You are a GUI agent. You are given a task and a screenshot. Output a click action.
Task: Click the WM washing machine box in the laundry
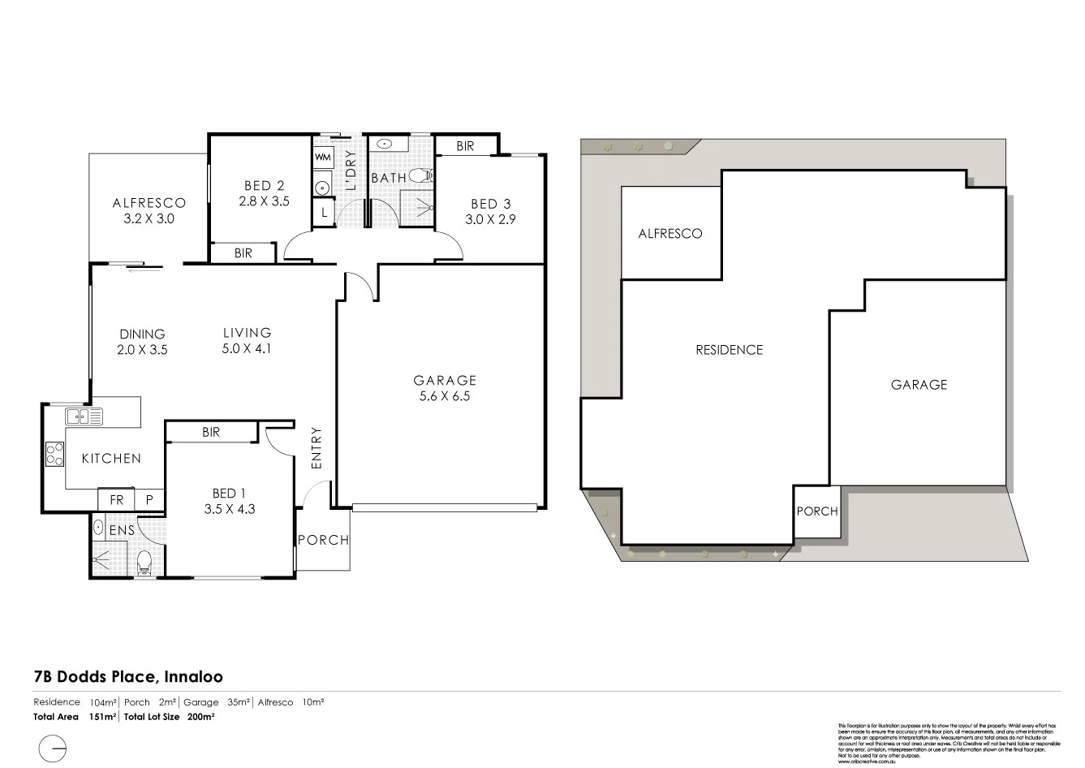click(x=322, y=157)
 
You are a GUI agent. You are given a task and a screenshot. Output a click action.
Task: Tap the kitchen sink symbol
click(x=84, y=417)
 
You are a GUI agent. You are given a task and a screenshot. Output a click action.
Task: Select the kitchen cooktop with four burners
click(x=55, y=454)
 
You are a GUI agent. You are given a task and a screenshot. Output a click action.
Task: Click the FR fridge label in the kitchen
click(x=117, y=500)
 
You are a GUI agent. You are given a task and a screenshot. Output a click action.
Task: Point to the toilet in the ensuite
click(x=144, y=562)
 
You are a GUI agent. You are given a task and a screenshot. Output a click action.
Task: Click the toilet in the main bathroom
click(x=420, y=175)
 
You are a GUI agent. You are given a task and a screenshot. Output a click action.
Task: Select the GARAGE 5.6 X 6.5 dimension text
click(x=444, y=388)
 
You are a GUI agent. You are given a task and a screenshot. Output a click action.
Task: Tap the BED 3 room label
click(x=490, y=204)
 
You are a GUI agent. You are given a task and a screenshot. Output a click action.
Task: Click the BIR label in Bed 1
click(x=210, y=433)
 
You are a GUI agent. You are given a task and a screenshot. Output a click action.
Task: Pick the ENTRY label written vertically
click(x=316, y=447)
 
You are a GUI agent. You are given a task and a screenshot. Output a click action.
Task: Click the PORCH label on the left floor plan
click(x=323, y=540)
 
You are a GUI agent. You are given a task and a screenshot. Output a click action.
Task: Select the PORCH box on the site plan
click(x=816, y=511)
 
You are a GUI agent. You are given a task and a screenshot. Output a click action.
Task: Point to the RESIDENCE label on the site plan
click(x=729, y=350)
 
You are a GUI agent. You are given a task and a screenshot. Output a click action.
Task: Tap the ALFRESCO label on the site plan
click(x=670, y=234)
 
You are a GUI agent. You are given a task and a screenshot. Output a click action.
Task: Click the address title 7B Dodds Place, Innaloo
click(x=128, y=676)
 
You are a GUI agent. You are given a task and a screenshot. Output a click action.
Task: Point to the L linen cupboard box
click(x=323, y=213)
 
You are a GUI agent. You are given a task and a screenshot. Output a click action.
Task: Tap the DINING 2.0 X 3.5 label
click(x=142, y=342)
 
